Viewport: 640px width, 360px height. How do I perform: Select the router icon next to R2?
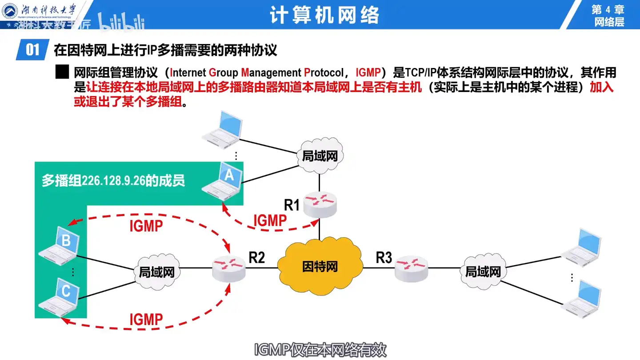228,268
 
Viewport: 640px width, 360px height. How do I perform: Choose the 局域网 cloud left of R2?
156,271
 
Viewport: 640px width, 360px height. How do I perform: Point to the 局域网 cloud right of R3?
483,271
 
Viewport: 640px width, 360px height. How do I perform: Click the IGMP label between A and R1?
270,221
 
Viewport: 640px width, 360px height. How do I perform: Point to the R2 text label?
256,257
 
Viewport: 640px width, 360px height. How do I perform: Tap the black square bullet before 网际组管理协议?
62,72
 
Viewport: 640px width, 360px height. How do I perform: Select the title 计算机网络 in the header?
324,15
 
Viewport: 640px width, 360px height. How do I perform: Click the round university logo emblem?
10,11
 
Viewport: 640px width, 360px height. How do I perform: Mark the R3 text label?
384,257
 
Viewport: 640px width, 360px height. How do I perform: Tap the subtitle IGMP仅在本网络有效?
320,350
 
